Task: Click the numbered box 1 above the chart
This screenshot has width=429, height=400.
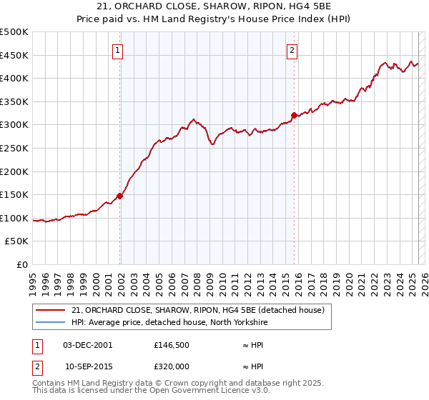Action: [x=117, y=50]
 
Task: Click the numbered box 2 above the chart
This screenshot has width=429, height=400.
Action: [x=292, y=50]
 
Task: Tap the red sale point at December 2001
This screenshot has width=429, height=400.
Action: [x=120, y=196]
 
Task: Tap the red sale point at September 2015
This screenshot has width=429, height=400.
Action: [x=294, y=115]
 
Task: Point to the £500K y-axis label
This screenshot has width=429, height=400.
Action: [x=14, y=32]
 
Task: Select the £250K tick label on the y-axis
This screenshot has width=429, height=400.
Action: [x=14, y=148]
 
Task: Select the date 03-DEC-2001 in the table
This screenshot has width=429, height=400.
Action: [x=88, y=345]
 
